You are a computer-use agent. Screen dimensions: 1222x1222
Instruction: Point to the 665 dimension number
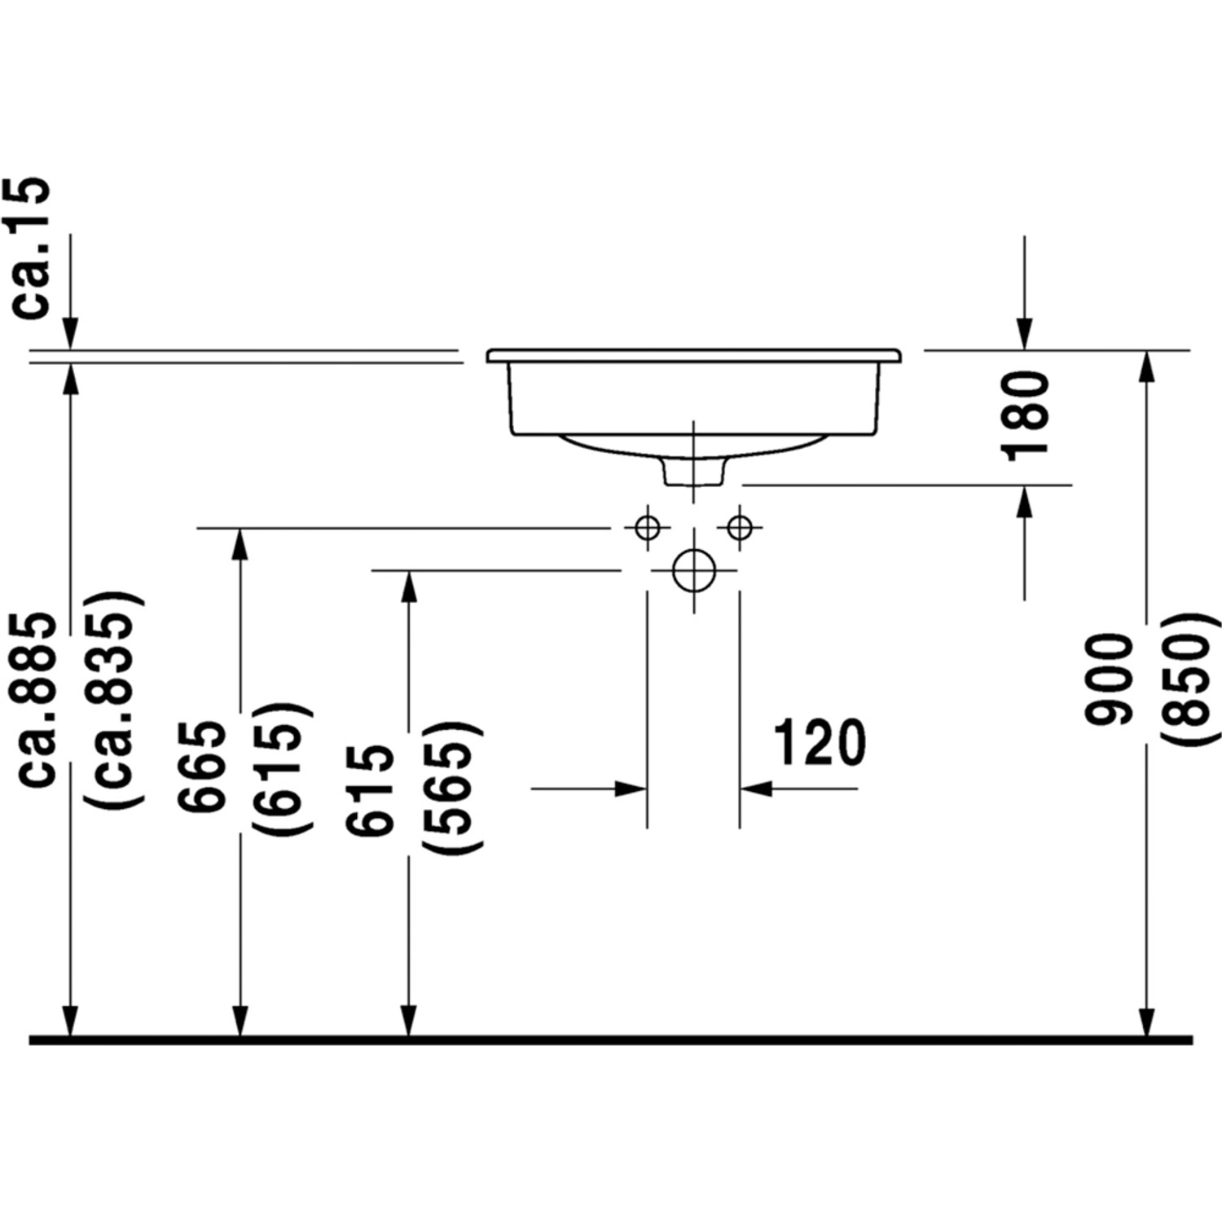tap(202, 766)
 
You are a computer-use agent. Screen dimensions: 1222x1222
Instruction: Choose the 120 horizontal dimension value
tap(818, 743)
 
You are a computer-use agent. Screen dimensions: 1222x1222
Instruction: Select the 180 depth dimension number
tap(1024, 416)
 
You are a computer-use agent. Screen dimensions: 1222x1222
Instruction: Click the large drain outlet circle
tap(693, 570)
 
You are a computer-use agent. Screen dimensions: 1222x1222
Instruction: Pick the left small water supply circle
tap(648, 528)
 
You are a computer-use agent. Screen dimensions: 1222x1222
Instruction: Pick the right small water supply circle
tap(740, 528)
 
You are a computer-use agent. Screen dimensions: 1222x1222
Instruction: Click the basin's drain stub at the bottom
tap(693, 473)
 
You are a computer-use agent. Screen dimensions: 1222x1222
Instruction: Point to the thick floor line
tap(611, 1040)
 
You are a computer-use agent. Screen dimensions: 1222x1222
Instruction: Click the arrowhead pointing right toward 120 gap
tap(632, 789)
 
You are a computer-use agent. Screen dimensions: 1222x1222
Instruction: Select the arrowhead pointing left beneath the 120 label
tap(756, 789)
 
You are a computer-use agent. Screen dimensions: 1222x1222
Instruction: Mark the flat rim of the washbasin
tap(693, 356)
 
